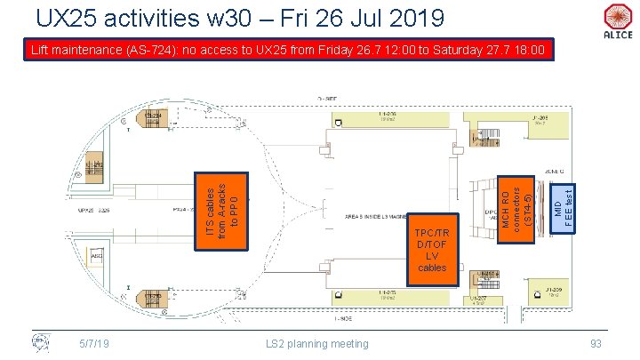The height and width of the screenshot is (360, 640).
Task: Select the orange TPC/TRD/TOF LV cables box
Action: click(432, 250)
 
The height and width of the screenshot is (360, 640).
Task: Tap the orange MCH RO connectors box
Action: click(516, 205)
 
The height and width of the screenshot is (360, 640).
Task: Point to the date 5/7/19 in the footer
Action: click(93, 343)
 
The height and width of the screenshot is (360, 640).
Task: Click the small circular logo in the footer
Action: click(39, 342)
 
